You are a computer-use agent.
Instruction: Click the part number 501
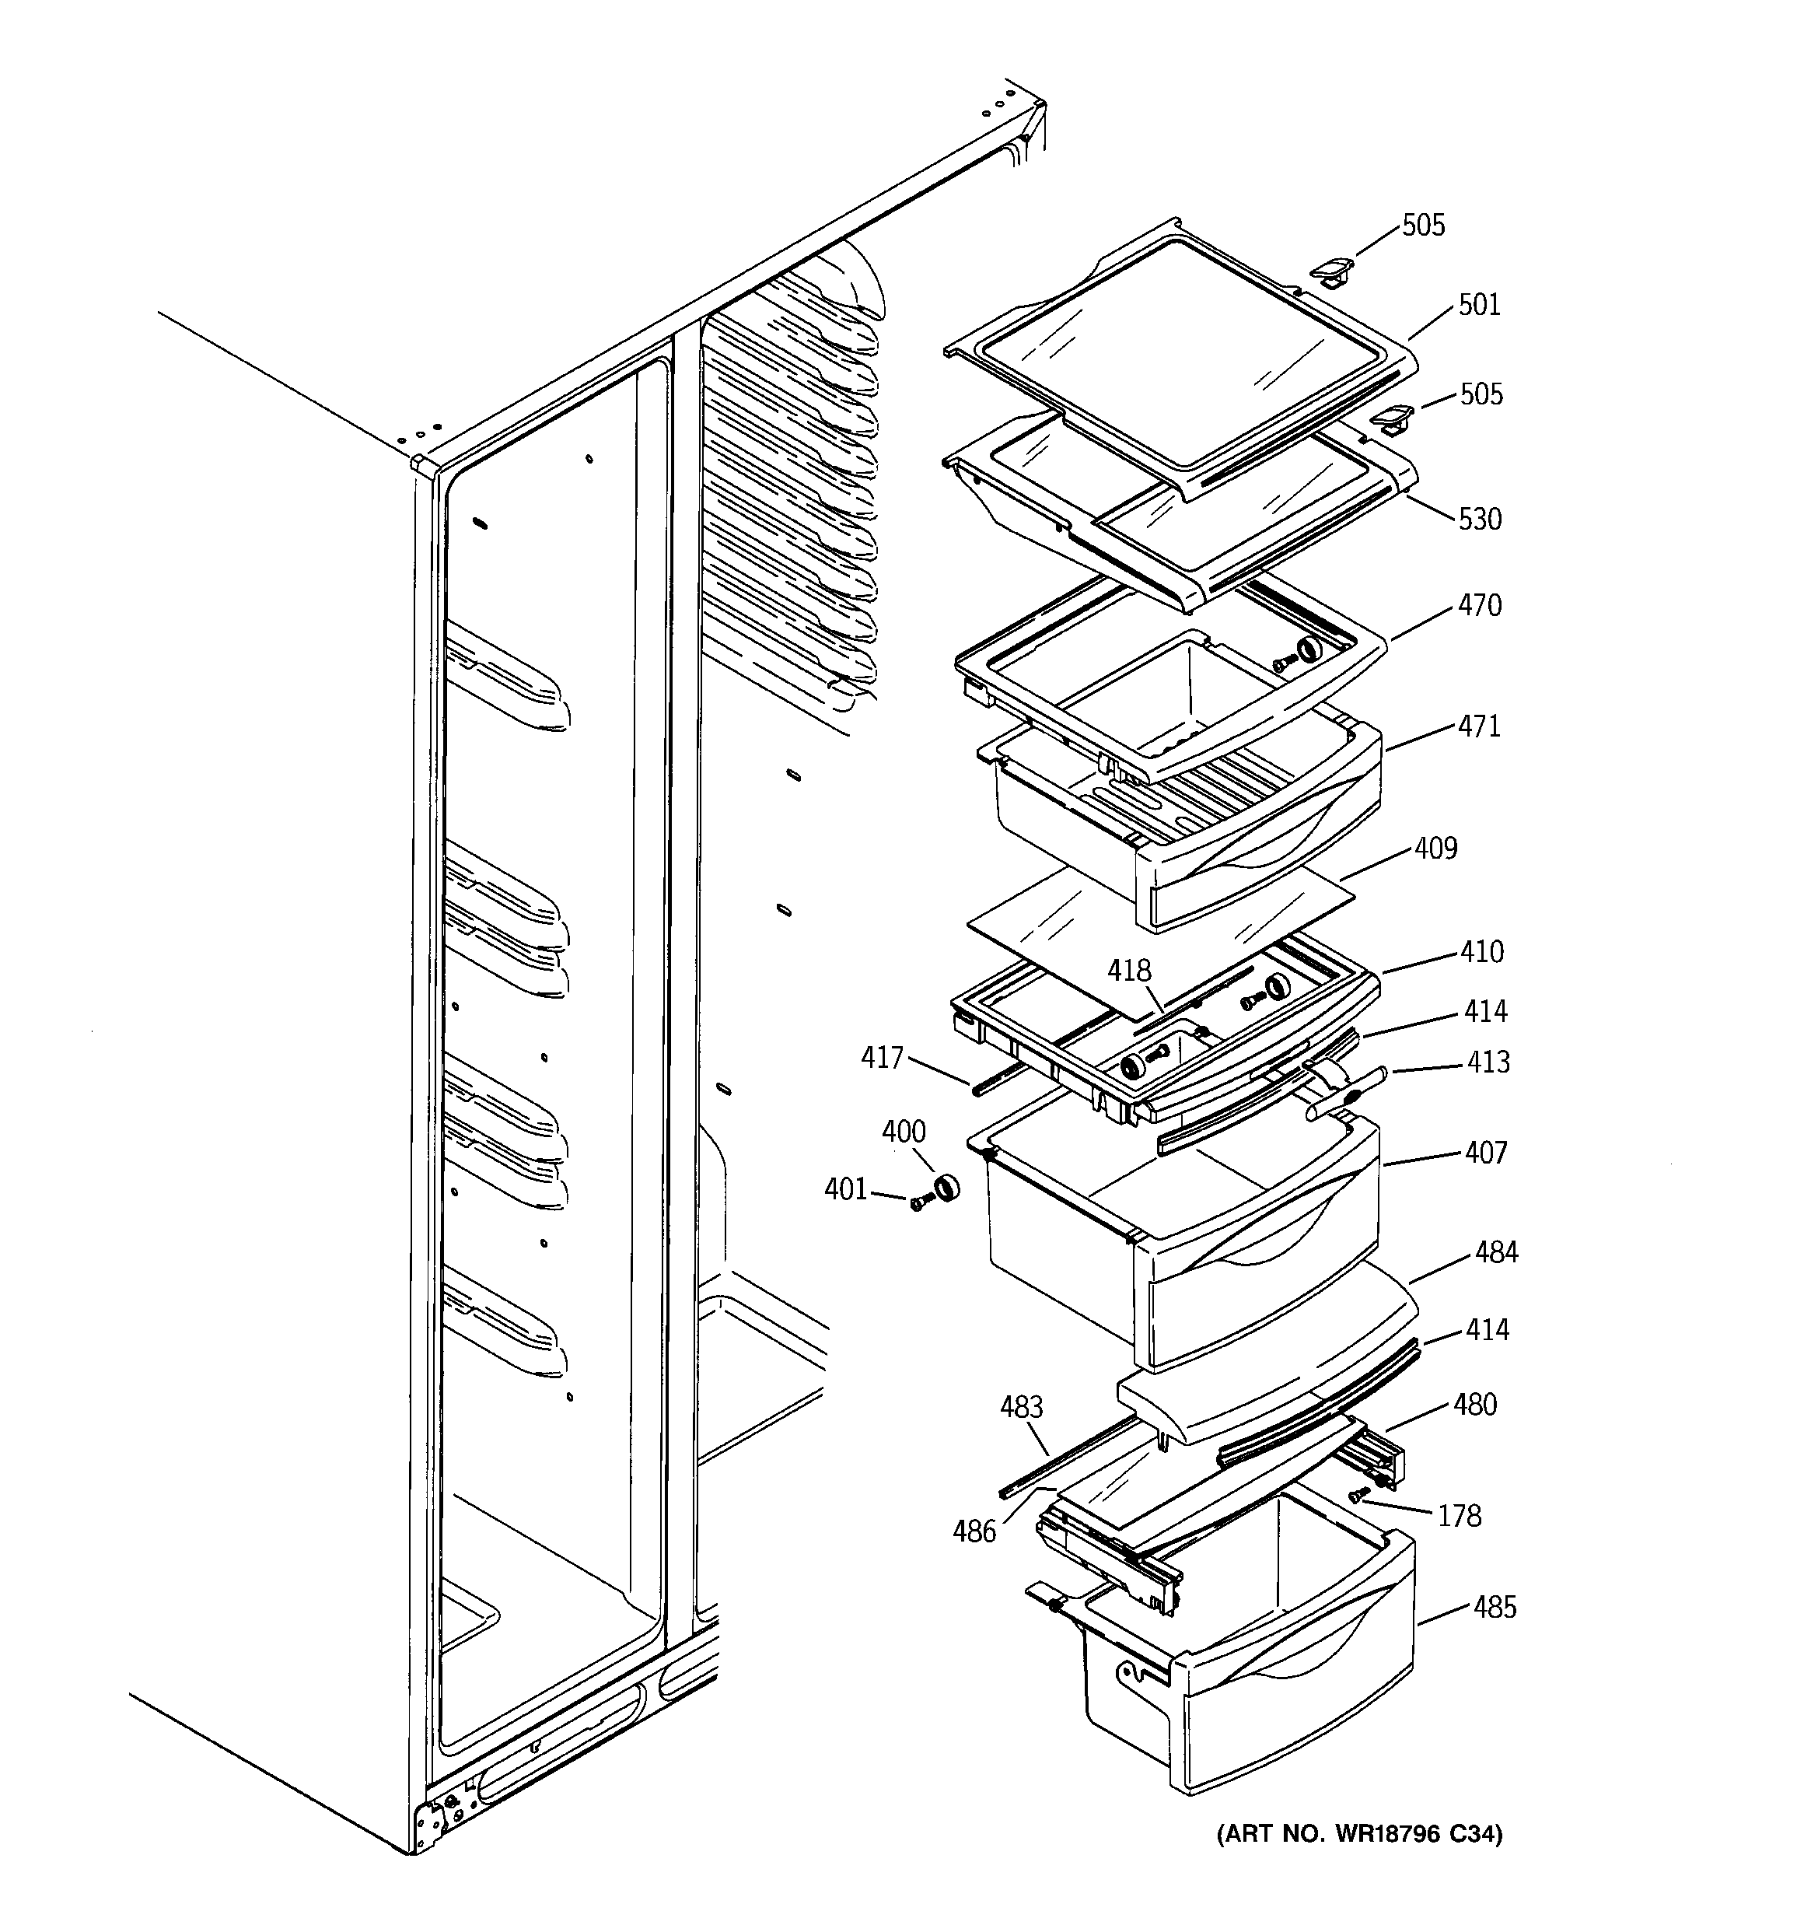click(x=1479, y=305)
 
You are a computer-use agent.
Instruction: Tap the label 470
click(x=1480, y=605)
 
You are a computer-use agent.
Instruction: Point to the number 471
click(x=1479, y=726)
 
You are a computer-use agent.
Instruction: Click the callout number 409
click(x=1435, y=849)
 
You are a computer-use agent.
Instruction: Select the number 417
click(x=882, y=1058)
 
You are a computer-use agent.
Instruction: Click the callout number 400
click(x=904, y=1131)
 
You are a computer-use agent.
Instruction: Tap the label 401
click(x=845, y=1189)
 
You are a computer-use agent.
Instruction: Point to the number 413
click(x=1488, y=1062)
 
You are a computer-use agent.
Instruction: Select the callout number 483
click(x=1022, y=1407)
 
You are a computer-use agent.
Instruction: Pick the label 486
click(x=974, y=1532)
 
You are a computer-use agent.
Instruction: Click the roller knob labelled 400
click(x=945, y=1185)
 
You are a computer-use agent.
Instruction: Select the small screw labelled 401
click(x=919, y=1202)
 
